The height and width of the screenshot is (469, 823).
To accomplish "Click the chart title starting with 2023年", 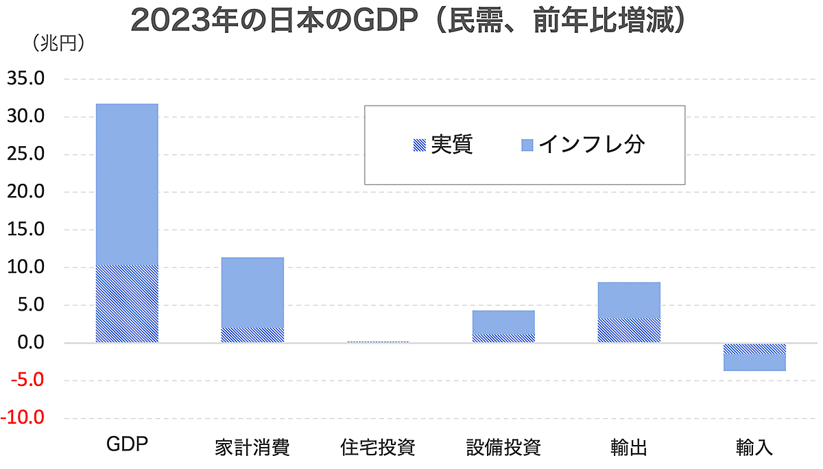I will click(409, 21).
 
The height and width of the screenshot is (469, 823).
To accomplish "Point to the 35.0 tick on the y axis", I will click(25, 79).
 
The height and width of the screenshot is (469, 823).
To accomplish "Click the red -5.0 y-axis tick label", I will click(25, 380).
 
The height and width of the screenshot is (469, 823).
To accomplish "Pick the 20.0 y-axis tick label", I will click(25, 192).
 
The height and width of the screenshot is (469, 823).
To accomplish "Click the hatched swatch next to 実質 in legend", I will click(418, 145).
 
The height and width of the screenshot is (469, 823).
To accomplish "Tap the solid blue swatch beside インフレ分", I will click(527, 145).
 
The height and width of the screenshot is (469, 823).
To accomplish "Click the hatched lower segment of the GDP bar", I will click(127, 303).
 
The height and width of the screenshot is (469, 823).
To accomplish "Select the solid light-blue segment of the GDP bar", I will click(127, 184).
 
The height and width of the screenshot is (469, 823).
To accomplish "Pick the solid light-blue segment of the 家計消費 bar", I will click(252, 291).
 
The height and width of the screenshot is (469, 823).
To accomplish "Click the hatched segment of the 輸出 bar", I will click(629, 330).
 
